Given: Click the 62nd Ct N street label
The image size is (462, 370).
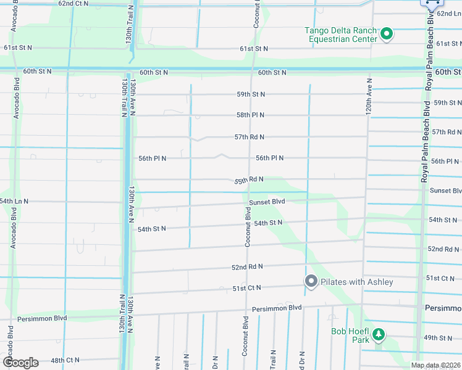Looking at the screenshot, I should (73, 3).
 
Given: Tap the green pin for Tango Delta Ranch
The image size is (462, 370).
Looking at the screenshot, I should (387, 33).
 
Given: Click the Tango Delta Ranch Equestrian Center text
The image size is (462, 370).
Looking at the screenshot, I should (340, 35).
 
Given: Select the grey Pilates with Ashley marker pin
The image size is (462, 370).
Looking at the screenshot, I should (311, 282).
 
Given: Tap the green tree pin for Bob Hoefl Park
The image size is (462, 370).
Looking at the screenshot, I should (378, 335).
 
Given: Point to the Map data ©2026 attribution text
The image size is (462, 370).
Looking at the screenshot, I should (435, 365).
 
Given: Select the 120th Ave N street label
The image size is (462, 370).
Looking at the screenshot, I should (369, 96).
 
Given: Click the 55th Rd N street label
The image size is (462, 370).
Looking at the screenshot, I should (249, 180).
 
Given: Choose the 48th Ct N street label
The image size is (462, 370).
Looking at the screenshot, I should (65, 360).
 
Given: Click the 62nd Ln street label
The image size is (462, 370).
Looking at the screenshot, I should (448, 13).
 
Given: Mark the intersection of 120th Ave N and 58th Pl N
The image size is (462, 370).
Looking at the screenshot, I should (369, 115).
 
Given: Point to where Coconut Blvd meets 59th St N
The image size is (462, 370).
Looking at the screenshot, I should (250, 94).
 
